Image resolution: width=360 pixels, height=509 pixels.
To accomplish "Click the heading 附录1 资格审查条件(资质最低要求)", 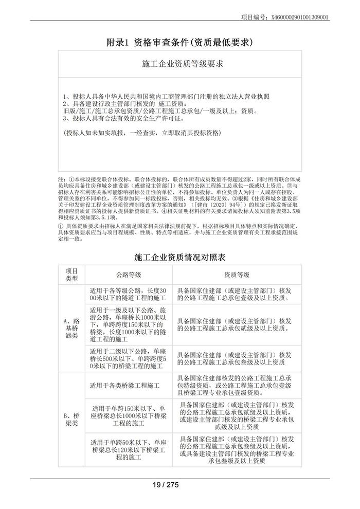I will (x=179, y=42).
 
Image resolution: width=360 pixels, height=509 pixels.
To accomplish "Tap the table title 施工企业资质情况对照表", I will (x=179, y=256).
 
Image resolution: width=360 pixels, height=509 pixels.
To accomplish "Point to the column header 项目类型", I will (x=71, y=275).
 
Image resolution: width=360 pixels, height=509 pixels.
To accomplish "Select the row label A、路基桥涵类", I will (x=71, y=329).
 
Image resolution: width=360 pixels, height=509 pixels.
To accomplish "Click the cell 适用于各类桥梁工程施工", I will (x=125, y=385).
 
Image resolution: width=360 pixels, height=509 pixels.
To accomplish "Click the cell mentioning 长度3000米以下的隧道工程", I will (x=128, y=294).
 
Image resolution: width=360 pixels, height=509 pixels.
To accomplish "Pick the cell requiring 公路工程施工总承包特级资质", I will (x=236, y=385).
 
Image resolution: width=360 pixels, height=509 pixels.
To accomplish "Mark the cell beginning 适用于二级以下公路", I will (x=128, y=358).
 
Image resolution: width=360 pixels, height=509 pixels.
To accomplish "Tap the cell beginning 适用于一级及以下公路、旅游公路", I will (x=128, y=325).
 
